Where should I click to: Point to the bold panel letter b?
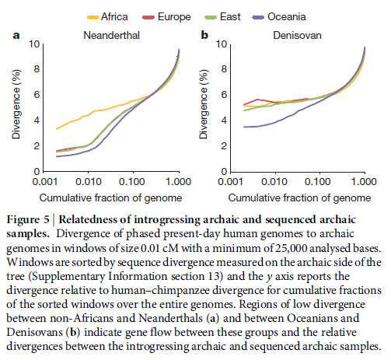[204, 35]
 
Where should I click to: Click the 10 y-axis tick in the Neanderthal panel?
[32, 44]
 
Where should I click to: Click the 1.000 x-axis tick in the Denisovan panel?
[363, 180]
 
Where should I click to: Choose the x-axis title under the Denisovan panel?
[296, 196]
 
